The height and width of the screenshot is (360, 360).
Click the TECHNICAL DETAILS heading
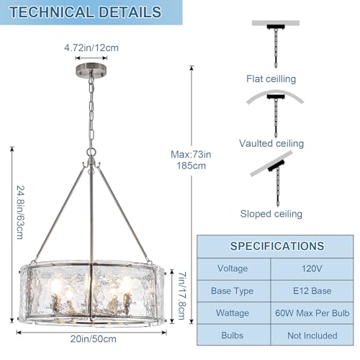(85, 12)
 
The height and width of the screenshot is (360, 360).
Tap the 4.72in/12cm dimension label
(91, 48)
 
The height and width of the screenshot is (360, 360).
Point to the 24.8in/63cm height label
(21, 212)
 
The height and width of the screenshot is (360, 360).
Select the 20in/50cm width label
(94, 339)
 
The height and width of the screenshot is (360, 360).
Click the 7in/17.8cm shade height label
(182, 295)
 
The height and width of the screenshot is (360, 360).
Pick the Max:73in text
(191, 154)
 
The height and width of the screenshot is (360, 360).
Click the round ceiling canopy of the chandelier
(91, 70)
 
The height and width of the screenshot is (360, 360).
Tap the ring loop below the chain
(91, 152)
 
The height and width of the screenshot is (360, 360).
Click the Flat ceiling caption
(271, 79)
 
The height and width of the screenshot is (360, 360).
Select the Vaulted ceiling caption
(271, 143)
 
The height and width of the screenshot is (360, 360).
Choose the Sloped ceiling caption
(271, 214)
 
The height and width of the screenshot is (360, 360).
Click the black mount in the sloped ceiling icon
(276, 166)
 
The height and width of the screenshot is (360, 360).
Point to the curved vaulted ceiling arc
(275, 92)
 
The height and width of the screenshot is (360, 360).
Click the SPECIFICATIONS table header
(277, 246)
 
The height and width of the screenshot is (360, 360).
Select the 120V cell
(312, 269)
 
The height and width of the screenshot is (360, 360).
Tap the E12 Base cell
(312, 291)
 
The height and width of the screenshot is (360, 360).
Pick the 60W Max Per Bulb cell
(312, 313)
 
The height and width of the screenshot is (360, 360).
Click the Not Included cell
(312, 336)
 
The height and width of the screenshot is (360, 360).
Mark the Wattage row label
(233, 313)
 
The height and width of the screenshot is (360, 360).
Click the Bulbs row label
(233, 336)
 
